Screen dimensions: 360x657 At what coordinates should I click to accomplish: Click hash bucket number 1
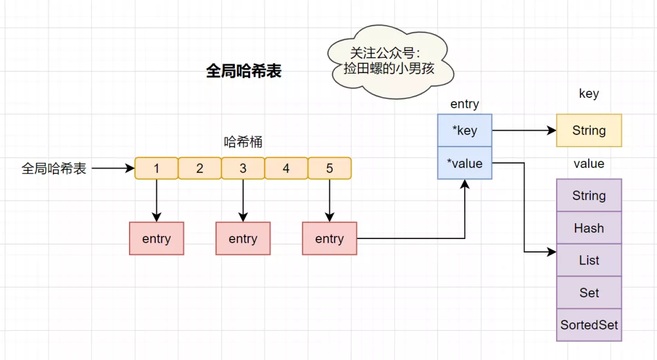click(x=156, y=168)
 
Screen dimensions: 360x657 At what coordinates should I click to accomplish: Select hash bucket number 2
click(x=200, y=168)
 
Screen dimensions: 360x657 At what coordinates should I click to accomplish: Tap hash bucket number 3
click(x=243, y=168)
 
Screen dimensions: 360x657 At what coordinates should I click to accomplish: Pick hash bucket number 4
click(x=286, y=168)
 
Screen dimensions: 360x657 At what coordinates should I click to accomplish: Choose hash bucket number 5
click(x=330, y=168)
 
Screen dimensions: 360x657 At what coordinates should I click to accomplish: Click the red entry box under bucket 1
click(x=156, y=238)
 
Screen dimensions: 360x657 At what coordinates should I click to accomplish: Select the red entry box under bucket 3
click(x=243, y=238)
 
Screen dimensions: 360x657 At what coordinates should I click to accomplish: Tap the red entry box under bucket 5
click(x=329, y=238)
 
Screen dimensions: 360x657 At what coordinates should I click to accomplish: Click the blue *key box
click(x=465, y=131)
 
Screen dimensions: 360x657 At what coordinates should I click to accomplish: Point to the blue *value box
click(x=465, y=163)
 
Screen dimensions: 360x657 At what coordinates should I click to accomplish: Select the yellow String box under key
click(x=589, y=130)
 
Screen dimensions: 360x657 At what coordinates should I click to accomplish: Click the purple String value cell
click(x=589, y=195)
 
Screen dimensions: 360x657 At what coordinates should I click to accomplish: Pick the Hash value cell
click(x=589, y=228)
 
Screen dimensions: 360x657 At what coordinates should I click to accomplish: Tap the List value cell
click(x=589, y=260)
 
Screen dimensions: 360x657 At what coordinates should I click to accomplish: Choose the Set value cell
click(x=589, y=292)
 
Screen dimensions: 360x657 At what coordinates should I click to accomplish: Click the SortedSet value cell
click(x=589, y=325)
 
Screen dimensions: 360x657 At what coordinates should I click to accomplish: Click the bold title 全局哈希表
click(x=243, y=71)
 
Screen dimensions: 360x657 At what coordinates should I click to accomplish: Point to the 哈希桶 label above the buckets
click(x=243, y=142)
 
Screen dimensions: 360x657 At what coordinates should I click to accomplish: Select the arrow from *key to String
click(x=523, y=130)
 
